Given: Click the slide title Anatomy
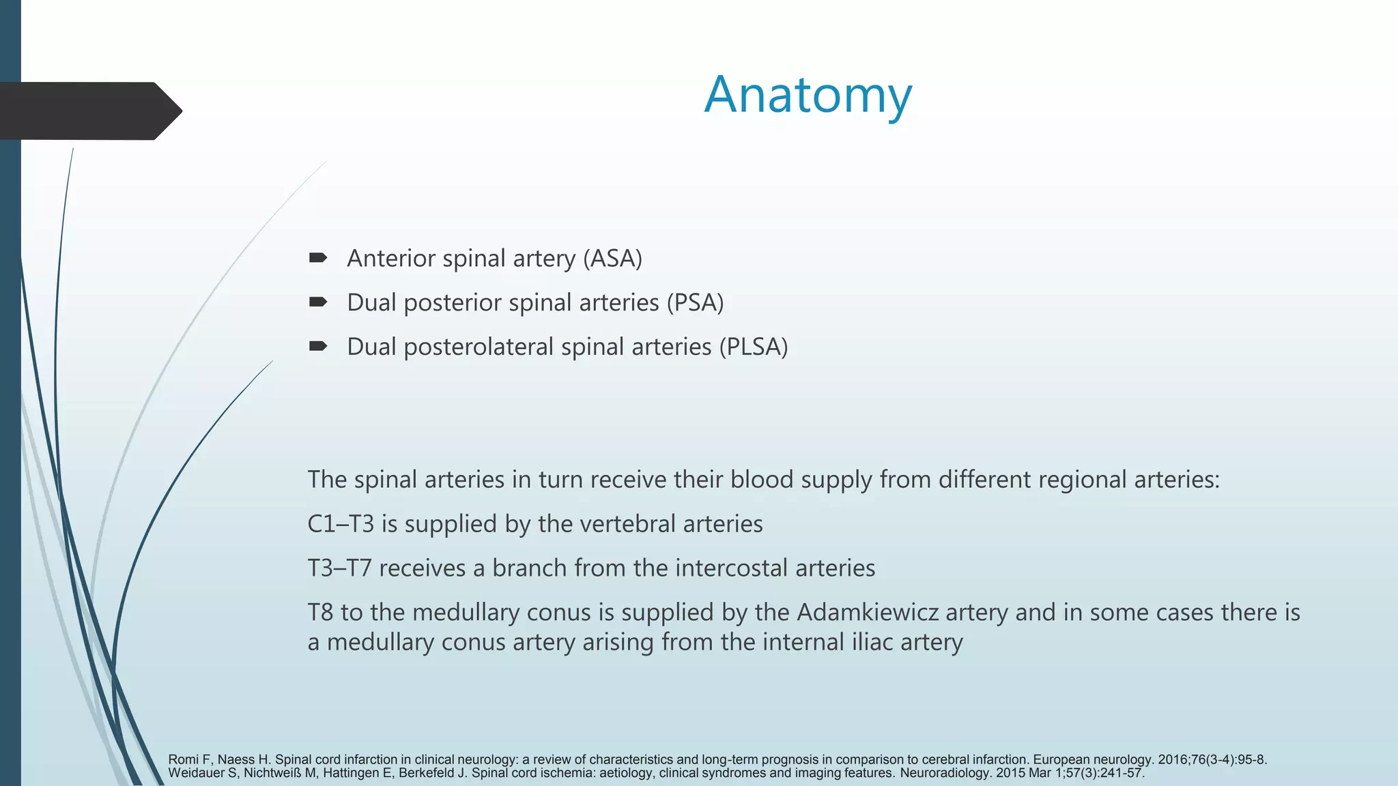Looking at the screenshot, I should [808, 95].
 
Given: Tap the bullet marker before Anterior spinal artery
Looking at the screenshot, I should [317, 258].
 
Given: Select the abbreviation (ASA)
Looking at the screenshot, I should [612, 259].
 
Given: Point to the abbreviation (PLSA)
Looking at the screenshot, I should [753, 347].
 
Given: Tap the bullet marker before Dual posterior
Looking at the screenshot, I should [317, 302].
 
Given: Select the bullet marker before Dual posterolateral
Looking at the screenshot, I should [317, 346].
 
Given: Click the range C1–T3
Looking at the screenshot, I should [341, 524].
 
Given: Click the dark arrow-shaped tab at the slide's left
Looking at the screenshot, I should [89, 111].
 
